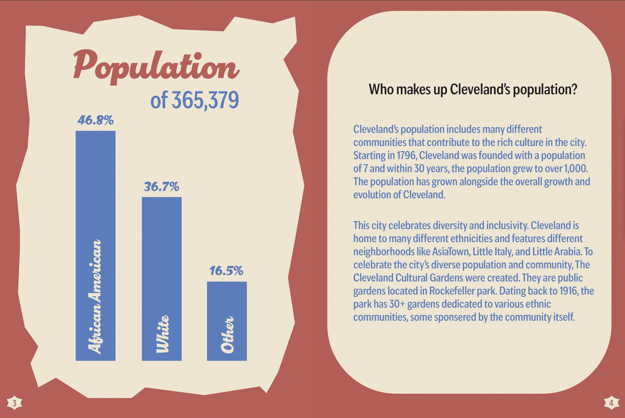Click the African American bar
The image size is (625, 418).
tap(95, 246)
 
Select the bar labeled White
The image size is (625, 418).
tap(161, 279)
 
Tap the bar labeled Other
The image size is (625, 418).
tap(227, 321)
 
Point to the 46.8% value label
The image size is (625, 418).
tap(95, 120)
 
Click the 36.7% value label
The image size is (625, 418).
tap(161, 187)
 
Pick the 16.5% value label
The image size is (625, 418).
tap(226, 271)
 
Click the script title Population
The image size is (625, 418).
tap(156, 67)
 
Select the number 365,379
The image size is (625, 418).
tap(205, 100)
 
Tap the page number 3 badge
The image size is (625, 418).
tap(14, 403)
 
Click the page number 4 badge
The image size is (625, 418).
tap(611, 403)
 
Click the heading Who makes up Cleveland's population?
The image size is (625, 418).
tap(473, 90)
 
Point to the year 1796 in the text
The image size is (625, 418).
tap(406, 155)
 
